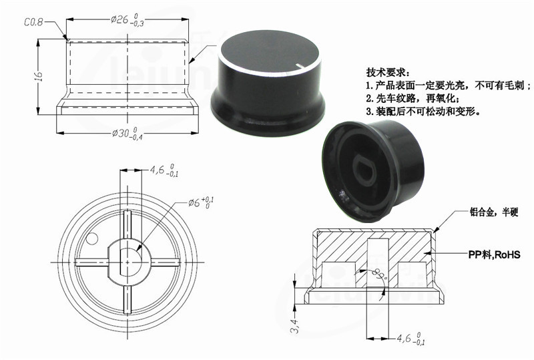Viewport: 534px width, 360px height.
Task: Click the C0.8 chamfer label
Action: tap(33, 22)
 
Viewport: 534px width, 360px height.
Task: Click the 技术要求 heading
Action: tap(386, 72)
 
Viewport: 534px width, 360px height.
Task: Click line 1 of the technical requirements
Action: tap(448, 85)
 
